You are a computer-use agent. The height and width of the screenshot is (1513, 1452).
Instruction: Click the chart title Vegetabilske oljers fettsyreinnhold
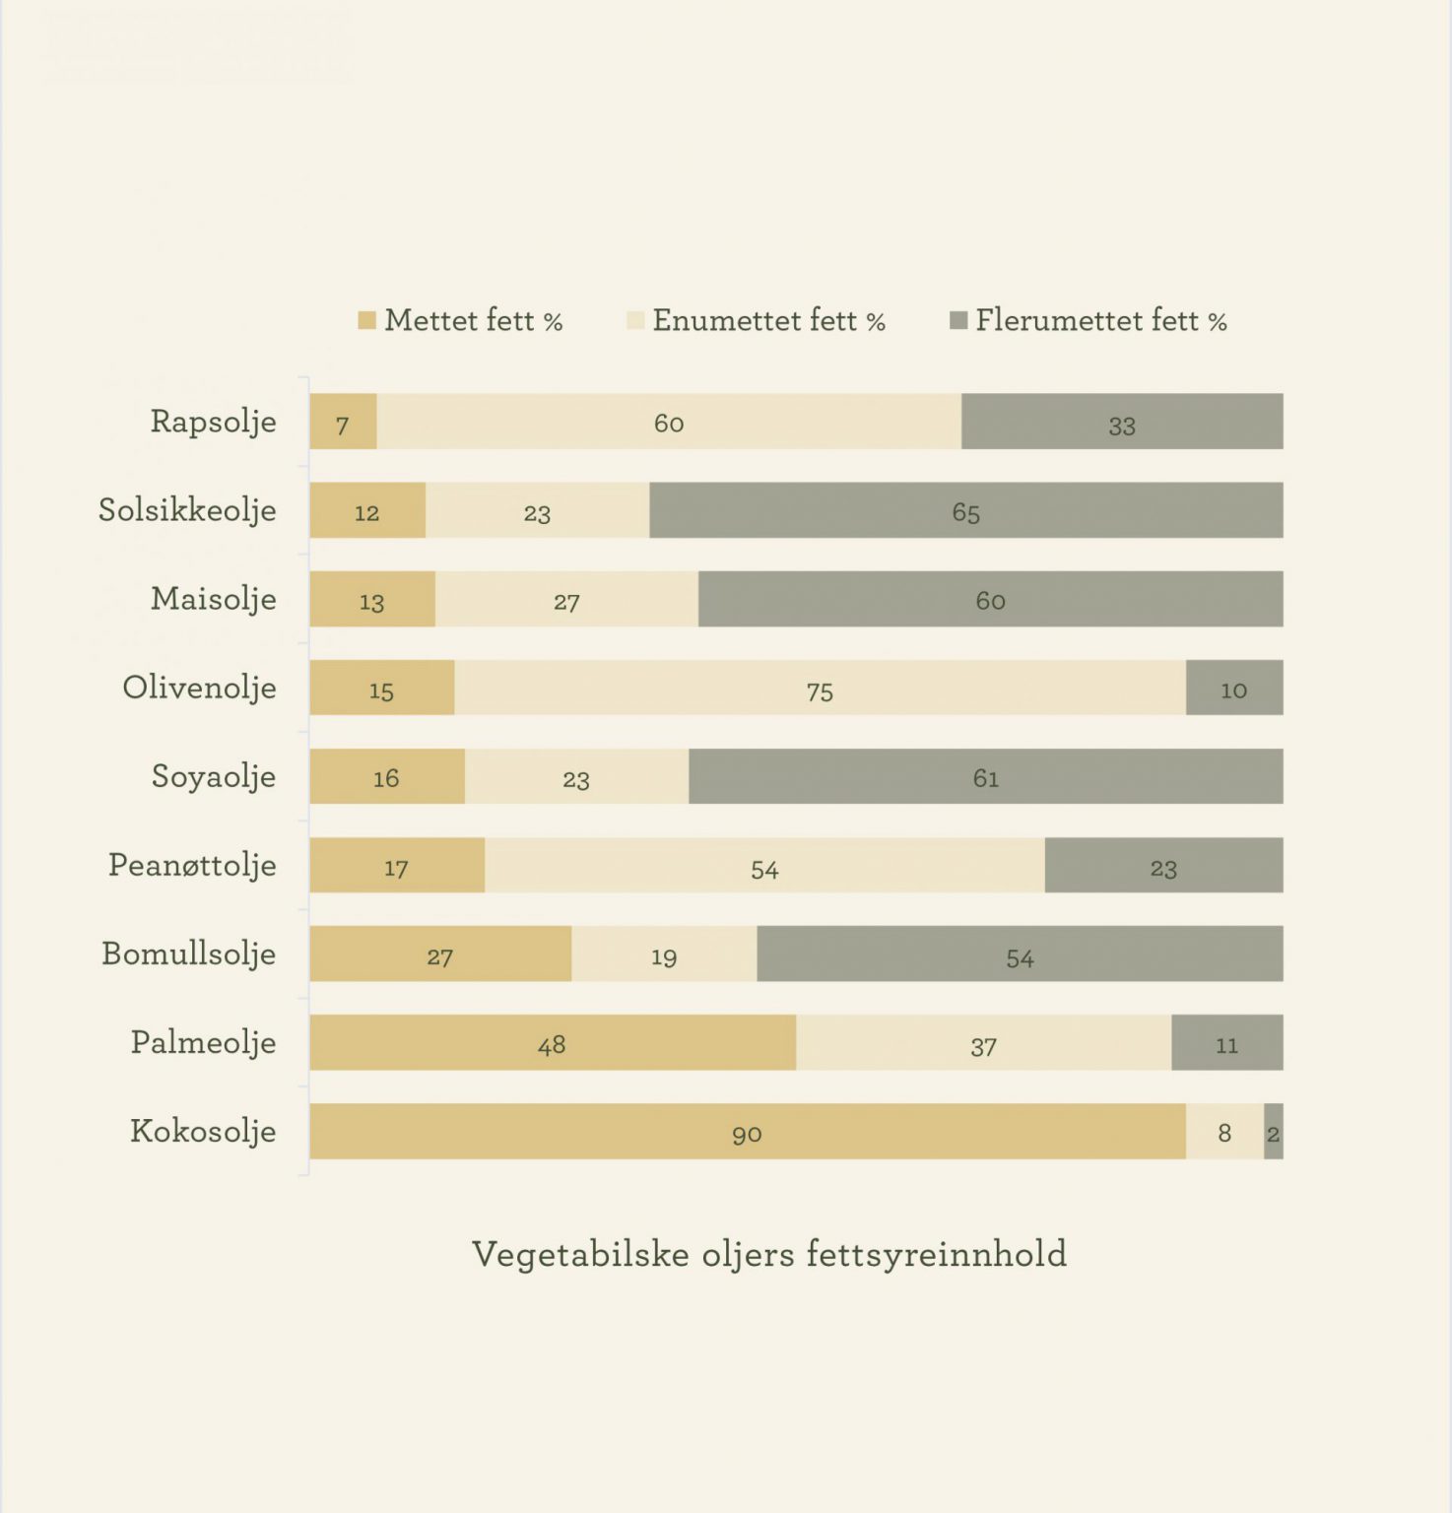768,1254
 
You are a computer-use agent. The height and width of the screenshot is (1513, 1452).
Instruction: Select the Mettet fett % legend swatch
367,321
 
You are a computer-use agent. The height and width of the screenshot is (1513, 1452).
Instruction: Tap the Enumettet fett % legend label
768,321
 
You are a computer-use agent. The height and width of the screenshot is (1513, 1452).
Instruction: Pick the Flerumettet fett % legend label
1100,321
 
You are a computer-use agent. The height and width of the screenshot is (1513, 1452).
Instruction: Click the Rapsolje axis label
213,422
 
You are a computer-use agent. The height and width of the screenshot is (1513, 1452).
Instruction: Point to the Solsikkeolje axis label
187,510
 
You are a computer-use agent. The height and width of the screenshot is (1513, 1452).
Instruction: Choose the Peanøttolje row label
192,865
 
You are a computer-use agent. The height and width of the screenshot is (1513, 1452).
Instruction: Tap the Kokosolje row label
203,1131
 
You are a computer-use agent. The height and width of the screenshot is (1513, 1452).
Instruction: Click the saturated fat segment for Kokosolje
747,1131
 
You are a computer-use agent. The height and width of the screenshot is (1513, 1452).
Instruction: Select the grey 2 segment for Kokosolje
1274,1132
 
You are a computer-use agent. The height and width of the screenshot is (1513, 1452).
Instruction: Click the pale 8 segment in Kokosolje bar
1224,1132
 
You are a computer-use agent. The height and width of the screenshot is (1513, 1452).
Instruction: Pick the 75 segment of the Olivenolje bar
820,688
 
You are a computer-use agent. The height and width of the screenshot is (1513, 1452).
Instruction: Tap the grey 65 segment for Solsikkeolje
965,510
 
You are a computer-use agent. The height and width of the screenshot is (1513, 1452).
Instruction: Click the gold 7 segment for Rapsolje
343,423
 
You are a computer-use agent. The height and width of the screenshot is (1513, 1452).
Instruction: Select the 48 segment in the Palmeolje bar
552,1042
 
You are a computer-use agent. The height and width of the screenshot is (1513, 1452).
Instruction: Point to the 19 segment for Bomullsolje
664,954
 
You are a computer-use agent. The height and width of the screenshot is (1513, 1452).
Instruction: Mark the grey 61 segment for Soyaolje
985,776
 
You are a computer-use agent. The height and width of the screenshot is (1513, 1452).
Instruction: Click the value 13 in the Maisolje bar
371,602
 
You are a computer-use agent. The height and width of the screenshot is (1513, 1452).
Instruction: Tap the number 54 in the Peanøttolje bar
764,869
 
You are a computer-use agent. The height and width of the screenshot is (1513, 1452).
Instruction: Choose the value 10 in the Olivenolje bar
1233,690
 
